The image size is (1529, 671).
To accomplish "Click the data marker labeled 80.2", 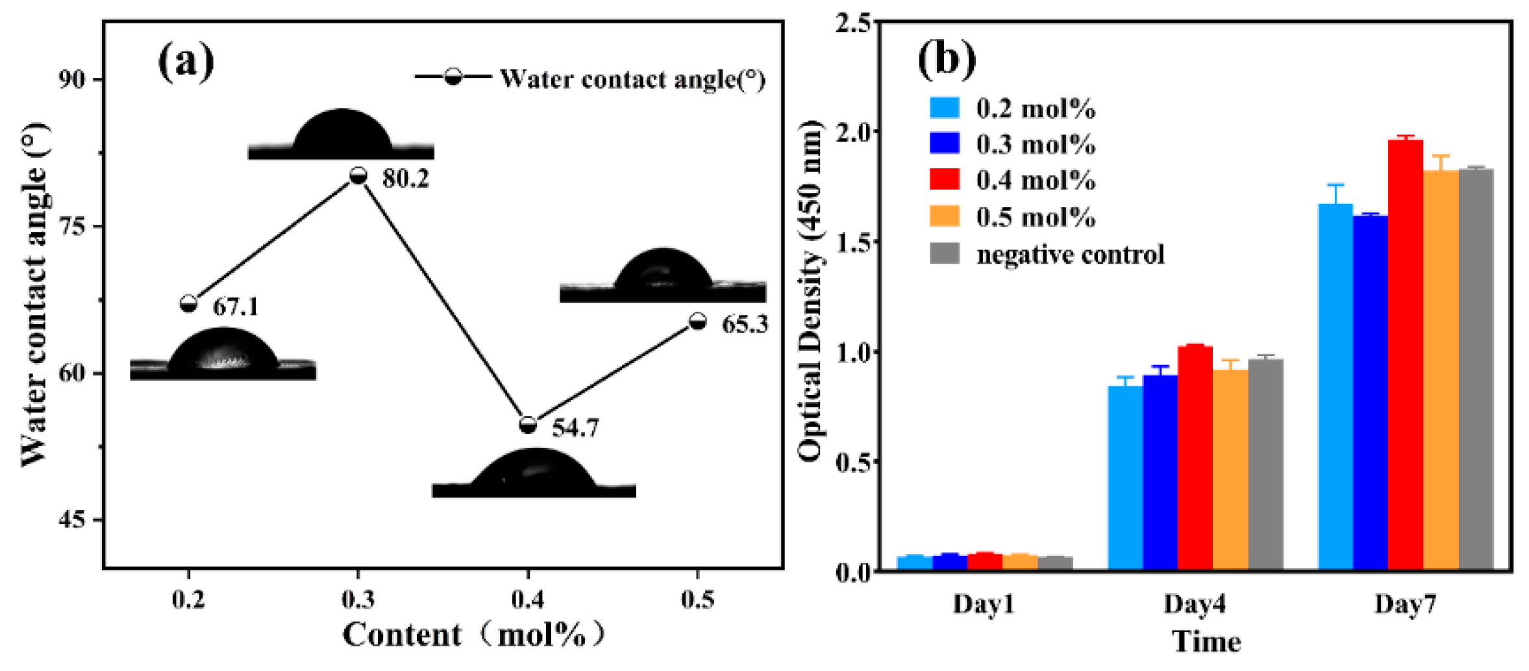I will coord(358,175).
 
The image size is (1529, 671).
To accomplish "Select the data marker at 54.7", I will coord(528,425).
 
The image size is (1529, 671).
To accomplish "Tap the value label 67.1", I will coord(236,307).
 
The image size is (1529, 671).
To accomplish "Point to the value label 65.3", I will coord(745,323).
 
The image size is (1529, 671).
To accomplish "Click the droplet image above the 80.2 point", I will coord(342,134).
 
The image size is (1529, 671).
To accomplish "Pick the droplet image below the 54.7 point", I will coord(534,473).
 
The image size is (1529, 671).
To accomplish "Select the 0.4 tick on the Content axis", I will coord(528,600).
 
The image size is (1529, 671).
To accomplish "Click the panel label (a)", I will coord(186,62).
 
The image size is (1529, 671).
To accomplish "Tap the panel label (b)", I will coord(946,60).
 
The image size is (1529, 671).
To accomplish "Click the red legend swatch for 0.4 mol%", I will coord(944,179).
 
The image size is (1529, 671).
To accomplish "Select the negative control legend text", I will coord(1070,254).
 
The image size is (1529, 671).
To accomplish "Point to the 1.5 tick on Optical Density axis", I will coord(853,242).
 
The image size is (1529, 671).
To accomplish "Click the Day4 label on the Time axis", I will coord(1195,604).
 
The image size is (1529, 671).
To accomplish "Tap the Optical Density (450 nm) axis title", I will coord(810,292).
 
